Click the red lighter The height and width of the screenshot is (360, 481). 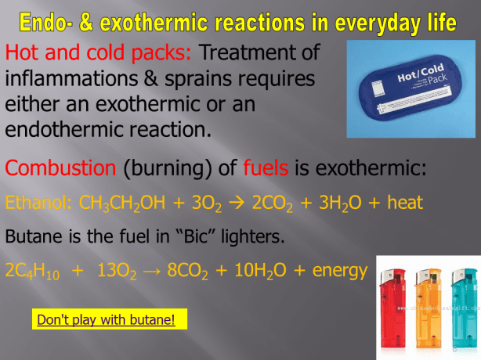click(x=394, y=309)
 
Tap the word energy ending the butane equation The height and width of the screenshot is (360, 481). click(x=339, y=271)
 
